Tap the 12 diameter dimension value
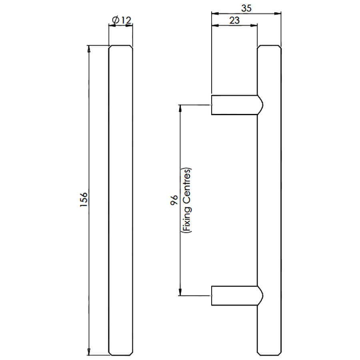click(126, 20)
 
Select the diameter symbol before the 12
click(116, 20)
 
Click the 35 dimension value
click(246, 8)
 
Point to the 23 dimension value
click(234, 20)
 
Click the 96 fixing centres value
click(174, 200)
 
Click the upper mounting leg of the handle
click(237, 105)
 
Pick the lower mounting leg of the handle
click(237, 296)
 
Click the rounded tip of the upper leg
click(260, 105)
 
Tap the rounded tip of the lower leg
click(260, 296)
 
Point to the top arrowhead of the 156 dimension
click(89, 48)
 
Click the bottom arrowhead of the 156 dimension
click(89, 352)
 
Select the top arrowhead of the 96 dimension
click(180, 108)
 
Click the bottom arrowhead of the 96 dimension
click(180, 292)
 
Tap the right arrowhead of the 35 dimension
click(278, 14)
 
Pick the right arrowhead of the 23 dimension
click(254, 26)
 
